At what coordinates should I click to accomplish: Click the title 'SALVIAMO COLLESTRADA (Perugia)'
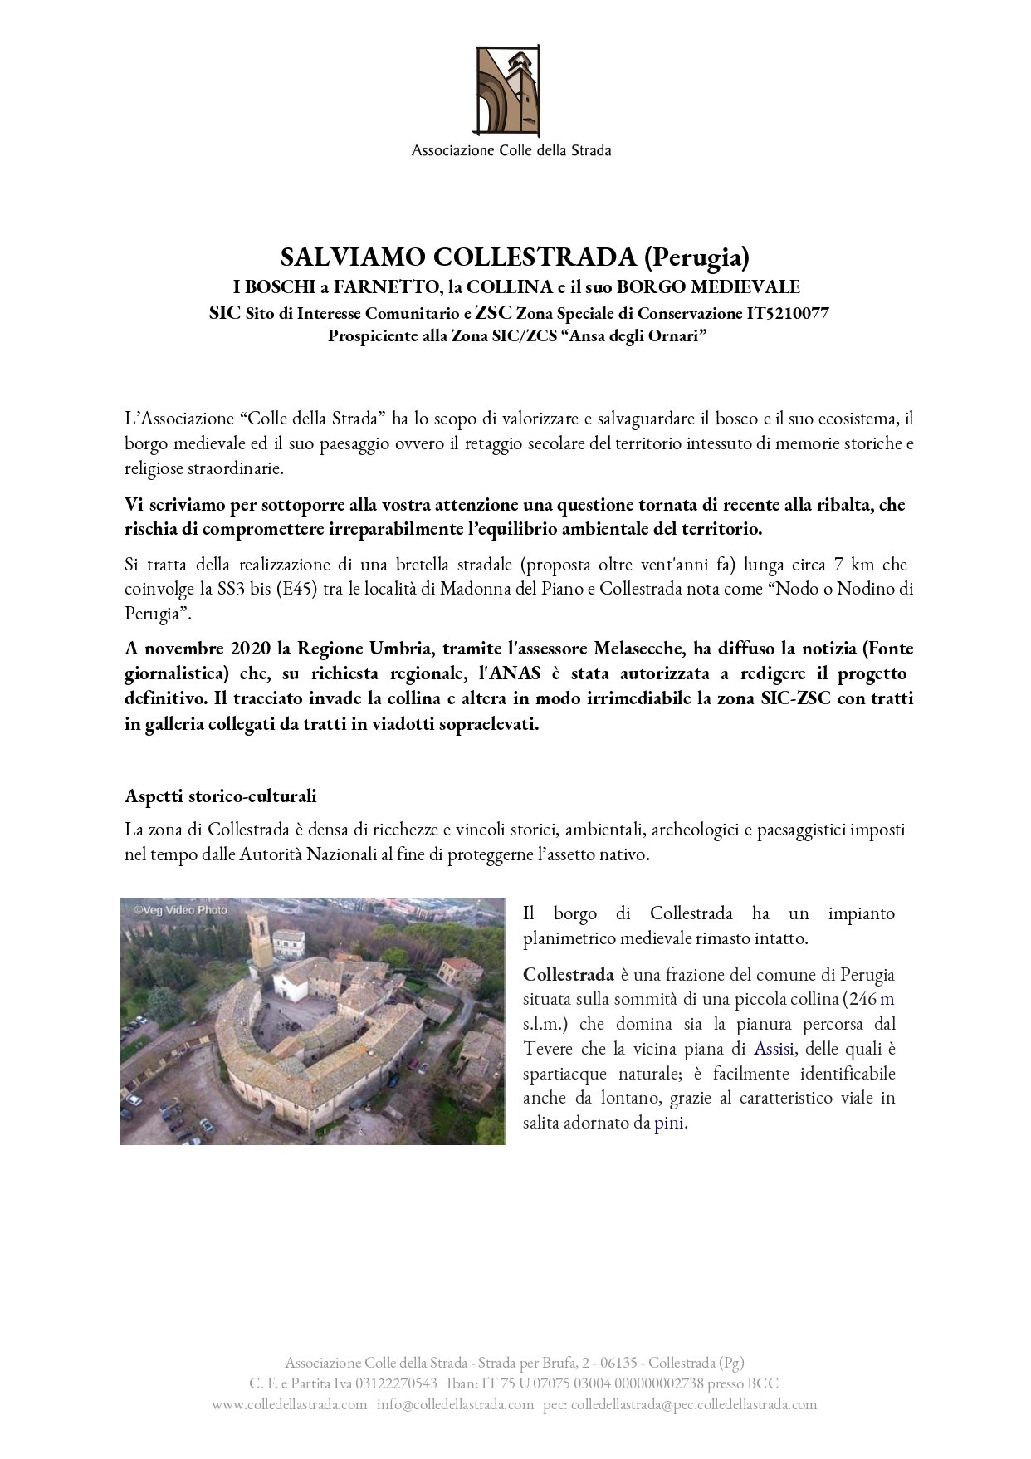coord(515,257)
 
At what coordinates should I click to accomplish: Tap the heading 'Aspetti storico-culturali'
coord(221,796)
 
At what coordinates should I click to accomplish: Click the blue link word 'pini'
coord(669,1124)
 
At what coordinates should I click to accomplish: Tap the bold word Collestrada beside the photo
coord(569,974)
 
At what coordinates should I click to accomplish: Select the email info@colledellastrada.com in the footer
coord(455,1404)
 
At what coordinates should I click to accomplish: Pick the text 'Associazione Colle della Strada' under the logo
coord(511,151)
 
